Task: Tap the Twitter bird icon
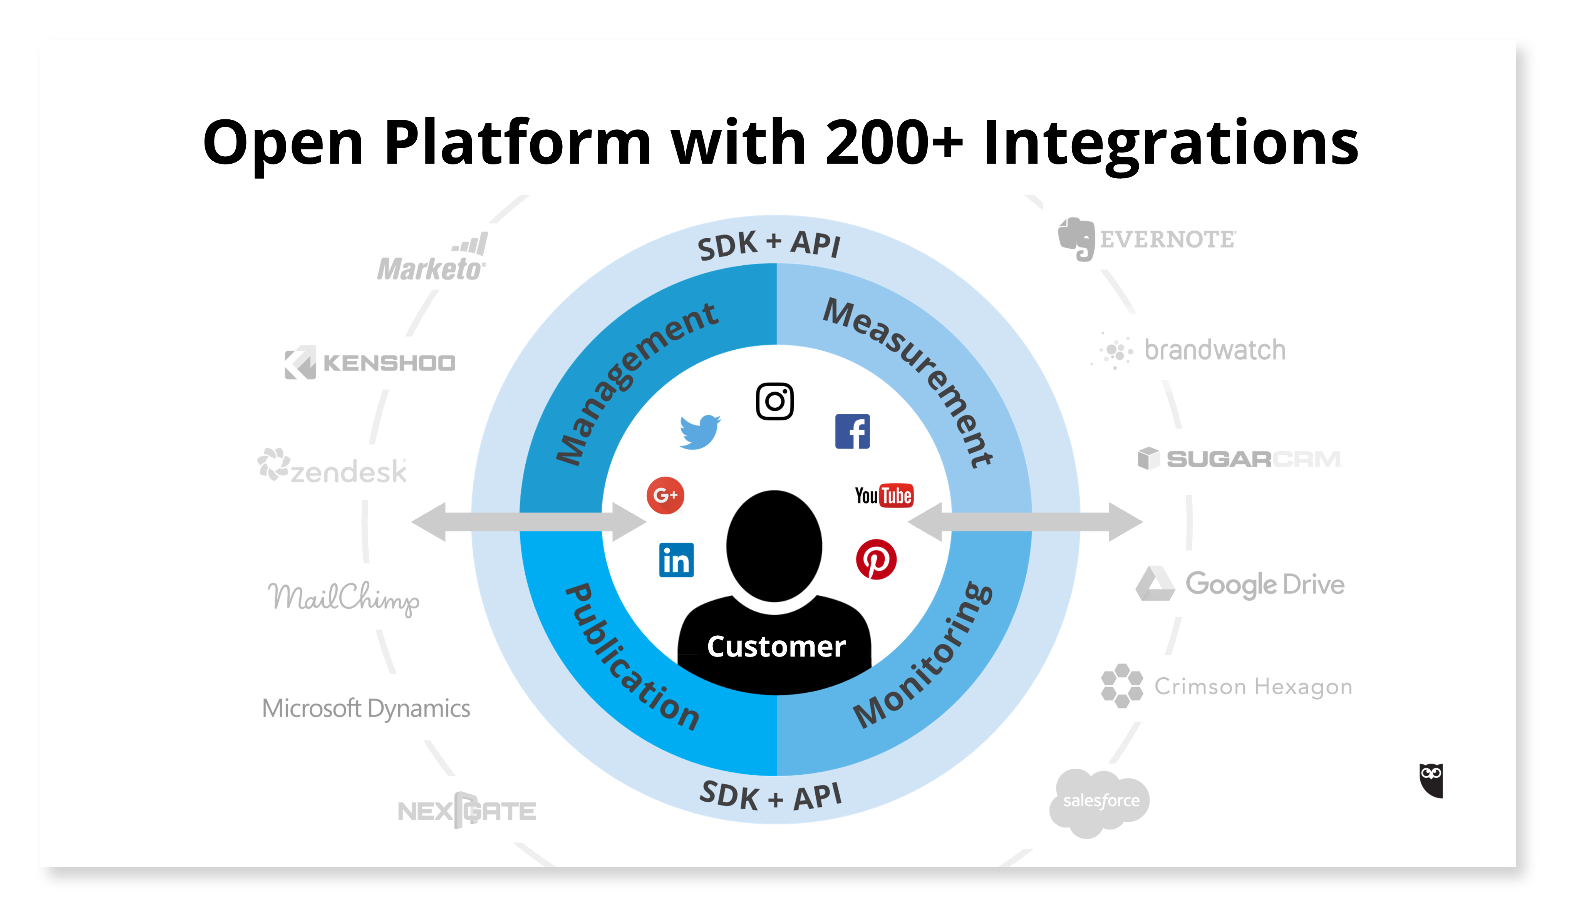click(x=699, y=432)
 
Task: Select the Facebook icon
click(x=852, y=431)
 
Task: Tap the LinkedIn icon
click(x=676, y=559)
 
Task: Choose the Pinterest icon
click(x=876, y=559)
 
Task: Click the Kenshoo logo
click(x=370, y=362)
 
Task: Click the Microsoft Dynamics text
click(x=366, y=708)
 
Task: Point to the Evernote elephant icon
click(x=1076, y=239)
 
